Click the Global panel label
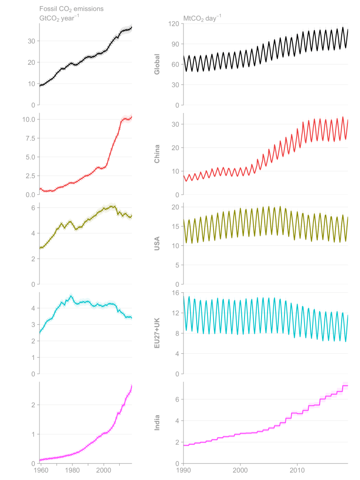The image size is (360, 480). (158, 64)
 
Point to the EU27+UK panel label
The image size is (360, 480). (158, 333)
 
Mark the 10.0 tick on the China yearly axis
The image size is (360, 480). (30, 119)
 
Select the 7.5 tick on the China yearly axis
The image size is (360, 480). (31, 138)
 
